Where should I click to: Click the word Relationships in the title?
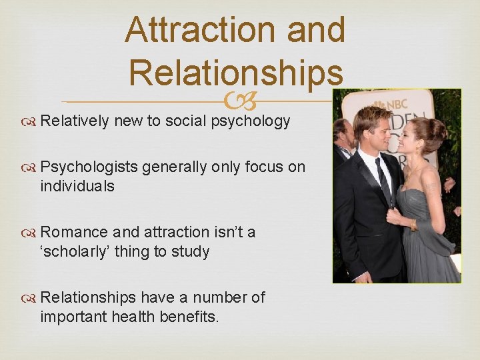(237, 71)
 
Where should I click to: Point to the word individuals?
(77, 187)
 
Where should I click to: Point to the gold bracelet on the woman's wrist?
(414, 225)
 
